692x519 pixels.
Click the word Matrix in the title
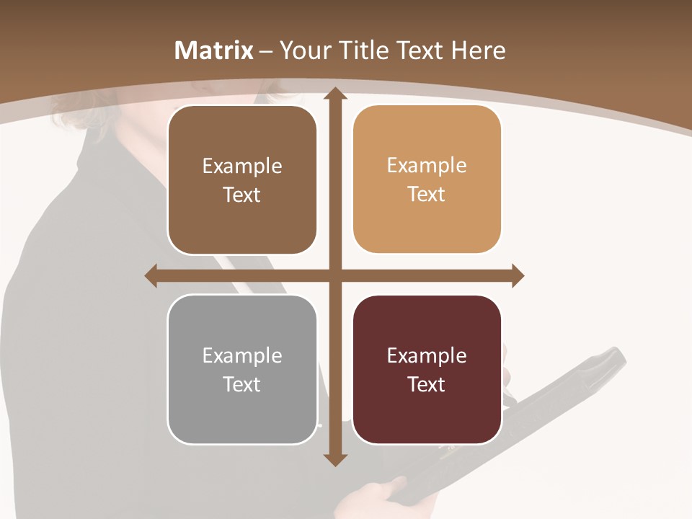tap(214, 50)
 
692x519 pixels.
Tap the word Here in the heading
tap(478, 50)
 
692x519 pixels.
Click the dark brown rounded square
tap(242, 180)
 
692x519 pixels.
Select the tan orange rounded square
tap(427, 179)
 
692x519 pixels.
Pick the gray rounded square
tap(242, 370)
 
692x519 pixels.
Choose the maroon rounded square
tap(427, 370)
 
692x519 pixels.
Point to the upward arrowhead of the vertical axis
tap(335, 94)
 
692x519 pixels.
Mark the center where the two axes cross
tap(335, 275)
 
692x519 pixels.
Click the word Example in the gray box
tap(242, 356)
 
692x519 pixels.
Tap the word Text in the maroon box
tap(427, 384)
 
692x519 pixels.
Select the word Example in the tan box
tap(427, 166)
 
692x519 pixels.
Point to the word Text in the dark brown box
tap(242, 195)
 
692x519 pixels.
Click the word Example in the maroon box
tap(427, 356)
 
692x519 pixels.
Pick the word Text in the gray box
tap(242, 384)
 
